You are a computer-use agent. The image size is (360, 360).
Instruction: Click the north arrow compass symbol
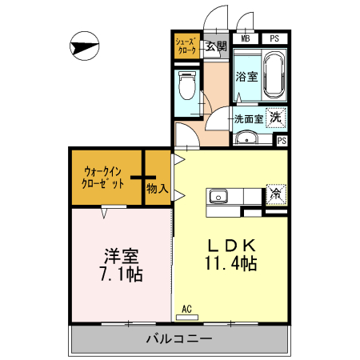[x=82, y=47]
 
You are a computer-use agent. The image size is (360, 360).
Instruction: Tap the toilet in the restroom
[x=189, y=84]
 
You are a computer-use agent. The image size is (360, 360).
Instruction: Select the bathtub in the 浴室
[x=274, y=74]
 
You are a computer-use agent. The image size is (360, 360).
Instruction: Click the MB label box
[x=246, y=37]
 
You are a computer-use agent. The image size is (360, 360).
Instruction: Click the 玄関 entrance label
[x=216, y=46]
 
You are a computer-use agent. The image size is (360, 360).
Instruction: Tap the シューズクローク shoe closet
[x=186, y=46]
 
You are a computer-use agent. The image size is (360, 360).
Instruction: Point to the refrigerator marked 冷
[x=275, y=193]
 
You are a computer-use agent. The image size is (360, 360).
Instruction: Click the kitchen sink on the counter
[x=218, y=197]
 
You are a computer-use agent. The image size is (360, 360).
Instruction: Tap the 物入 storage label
[x=158, y=190]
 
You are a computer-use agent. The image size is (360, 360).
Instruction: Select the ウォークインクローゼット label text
[x=104, y=177]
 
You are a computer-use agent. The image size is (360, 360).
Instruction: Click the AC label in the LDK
[x=186, y=309]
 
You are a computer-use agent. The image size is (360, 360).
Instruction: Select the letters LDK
[x=232, y=245]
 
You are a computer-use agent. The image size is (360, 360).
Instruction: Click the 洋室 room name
[x=122, y=256]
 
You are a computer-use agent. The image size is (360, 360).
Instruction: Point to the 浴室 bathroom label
[x=246, y=77]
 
